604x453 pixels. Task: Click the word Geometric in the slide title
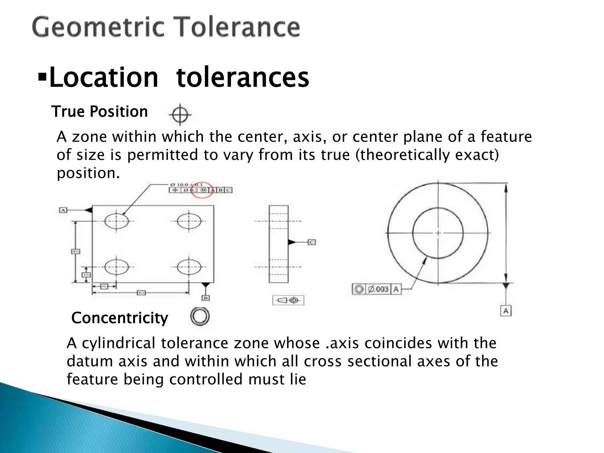pos(97,27)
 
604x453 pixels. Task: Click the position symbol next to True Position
pos(180,114)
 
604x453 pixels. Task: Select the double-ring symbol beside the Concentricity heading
pos(200,317)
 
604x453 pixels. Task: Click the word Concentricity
pos(119,318)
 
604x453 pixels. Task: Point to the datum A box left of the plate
pos(63,210)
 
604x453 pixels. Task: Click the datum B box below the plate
pos(206,298)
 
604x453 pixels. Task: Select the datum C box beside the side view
pos(312,242)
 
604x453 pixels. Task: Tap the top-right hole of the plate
pos(189,221)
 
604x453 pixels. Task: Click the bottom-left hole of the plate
pos(116,267)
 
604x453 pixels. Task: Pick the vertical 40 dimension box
pos(75,251)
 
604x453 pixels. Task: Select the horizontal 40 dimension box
pos(141,293)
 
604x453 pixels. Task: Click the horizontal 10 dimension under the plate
pos(104,286)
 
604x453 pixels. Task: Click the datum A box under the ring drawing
pos(506,311)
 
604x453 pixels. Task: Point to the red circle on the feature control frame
pos(202,190)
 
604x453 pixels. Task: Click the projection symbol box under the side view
pos(288,301)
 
